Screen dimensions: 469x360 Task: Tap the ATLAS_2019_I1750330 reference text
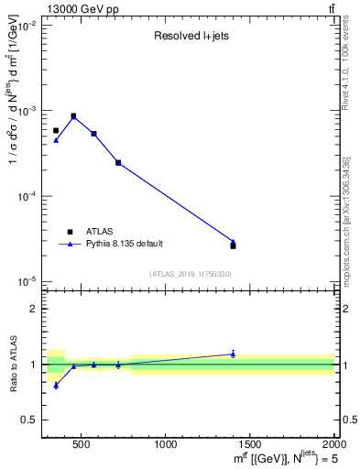coord(190,274)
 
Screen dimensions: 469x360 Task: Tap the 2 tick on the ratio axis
coord(33,309)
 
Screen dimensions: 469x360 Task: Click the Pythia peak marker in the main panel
coord(73,115)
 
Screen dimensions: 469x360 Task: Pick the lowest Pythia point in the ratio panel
coord(56,386)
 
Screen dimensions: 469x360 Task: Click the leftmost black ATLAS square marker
coord(56,130)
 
